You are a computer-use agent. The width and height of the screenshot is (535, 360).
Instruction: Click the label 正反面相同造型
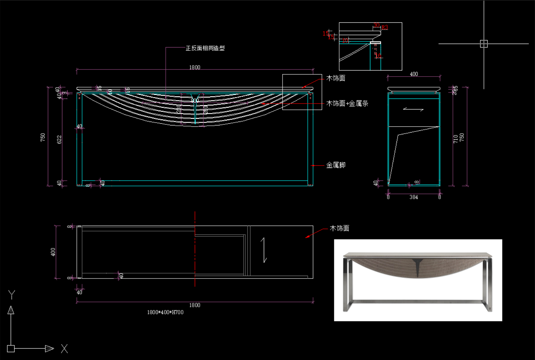point(205,48)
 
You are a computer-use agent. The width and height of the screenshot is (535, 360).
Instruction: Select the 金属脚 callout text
point(335,165)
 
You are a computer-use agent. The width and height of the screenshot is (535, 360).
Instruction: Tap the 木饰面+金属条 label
point(347,103)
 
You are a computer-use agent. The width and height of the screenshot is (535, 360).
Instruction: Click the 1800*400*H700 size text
point(165,312)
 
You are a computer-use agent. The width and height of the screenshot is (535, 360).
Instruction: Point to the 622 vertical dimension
point(59,139)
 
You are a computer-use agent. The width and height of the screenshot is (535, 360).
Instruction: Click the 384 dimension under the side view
point(414,197)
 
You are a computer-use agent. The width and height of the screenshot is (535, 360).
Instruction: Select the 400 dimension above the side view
point(414,74)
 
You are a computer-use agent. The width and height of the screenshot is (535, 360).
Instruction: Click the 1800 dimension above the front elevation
point(194,67)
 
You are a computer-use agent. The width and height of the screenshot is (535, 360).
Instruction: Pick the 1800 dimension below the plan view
point(194,305)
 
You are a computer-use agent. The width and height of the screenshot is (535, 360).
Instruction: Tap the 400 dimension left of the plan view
point(53,252)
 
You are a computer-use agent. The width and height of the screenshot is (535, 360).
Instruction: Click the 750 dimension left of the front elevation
point(43,137)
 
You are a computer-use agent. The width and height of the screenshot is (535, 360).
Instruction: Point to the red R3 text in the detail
point(385,28)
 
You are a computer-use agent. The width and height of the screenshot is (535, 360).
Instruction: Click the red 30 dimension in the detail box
point(376,25)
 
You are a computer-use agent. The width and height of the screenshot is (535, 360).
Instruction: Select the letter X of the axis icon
point(64,349)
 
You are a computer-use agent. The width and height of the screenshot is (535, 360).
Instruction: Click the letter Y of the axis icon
point(12,294)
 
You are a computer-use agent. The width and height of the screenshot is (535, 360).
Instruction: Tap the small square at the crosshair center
point(484,44)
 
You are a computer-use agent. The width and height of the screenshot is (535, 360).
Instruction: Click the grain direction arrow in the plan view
point(264,250)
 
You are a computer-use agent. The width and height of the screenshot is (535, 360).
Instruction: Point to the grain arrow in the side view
point(413,109)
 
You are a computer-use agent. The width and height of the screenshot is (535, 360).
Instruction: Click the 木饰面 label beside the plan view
point(339,229)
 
